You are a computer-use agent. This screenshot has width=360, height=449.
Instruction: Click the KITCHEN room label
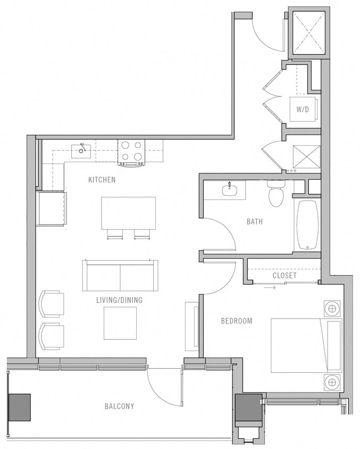pos(102,180)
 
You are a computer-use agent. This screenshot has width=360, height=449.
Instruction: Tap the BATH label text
pos(254,221)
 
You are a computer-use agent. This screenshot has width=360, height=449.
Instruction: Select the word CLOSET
pos(284,276)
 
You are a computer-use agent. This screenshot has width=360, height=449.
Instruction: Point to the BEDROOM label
pos(237,321)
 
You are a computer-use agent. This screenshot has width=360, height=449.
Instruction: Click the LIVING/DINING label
pos(119,300)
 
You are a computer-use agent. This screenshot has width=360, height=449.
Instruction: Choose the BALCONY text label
pos(119,406)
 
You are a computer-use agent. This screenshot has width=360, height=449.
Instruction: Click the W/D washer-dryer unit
pos(303,109)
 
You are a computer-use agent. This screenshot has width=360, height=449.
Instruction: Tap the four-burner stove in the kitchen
pos(131,151)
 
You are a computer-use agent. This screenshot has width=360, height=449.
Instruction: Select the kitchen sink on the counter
pos(81,149)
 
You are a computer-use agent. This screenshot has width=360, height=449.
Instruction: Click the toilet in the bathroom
pos(276,195)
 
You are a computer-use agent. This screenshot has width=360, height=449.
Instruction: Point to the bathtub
pos(307,224)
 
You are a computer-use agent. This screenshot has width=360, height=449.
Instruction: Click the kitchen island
pos(128,213)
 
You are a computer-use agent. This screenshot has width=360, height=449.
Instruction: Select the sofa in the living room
pos(120,276)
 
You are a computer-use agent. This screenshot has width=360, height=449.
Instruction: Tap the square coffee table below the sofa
pos(120,323)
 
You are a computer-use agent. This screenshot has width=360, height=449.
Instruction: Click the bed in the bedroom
pos(306,345)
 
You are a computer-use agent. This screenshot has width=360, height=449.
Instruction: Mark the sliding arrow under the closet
pos(270,288)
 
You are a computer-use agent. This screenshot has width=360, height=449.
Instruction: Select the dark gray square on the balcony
pos(20,408)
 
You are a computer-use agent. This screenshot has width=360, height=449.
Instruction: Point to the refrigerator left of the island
pos(51,209)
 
